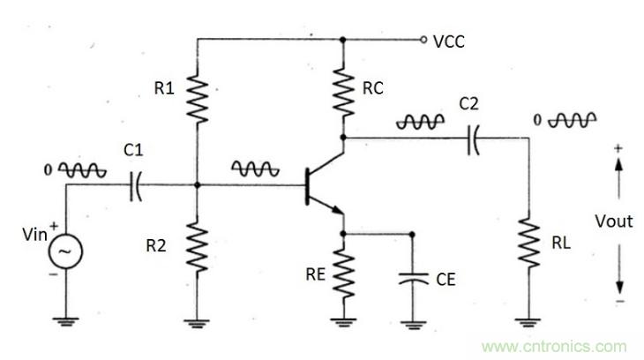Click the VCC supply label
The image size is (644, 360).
pyautogui.click(x=451, y=41)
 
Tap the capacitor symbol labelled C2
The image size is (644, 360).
pyautogui.click(x=473, y=139)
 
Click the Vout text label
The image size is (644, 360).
pyautogui.click(x=613, y=221)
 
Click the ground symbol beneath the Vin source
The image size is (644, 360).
pyautogui.click(x=64, y=321)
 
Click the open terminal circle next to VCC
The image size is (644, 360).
pyautogui.click(x=423, y=40)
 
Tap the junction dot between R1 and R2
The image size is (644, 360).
pyautogui.click(x=197, y=185)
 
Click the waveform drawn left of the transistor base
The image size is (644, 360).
pyautogui.click(x=251, y=168)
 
